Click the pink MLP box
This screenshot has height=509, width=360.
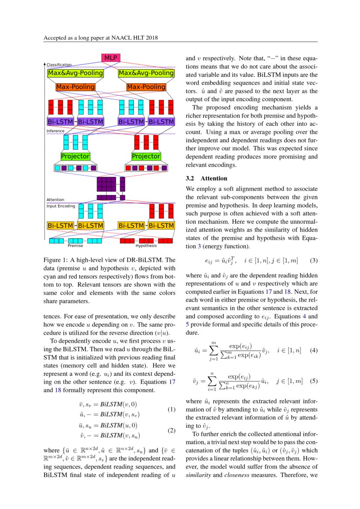[111, 58]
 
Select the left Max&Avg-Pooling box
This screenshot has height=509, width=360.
[75, 73]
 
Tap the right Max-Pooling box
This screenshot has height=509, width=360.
[146, 87]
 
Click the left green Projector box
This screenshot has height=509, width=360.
[75, 156]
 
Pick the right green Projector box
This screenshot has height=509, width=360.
[146, 156]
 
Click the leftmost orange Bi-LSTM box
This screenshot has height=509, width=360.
[60, 226]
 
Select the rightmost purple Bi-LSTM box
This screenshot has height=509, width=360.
[161, 122]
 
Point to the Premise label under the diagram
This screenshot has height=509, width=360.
[75, 246]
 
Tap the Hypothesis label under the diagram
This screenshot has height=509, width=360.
[146, 246]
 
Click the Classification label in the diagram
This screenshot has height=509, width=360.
[59, 65]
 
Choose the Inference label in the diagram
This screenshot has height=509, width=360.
[56, 131]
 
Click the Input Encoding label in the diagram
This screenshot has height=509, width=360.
[61, 206]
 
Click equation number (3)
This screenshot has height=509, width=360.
[313, 260]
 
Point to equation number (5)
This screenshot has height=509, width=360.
[313, 381]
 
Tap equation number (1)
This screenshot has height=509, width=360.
[172, 410]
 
